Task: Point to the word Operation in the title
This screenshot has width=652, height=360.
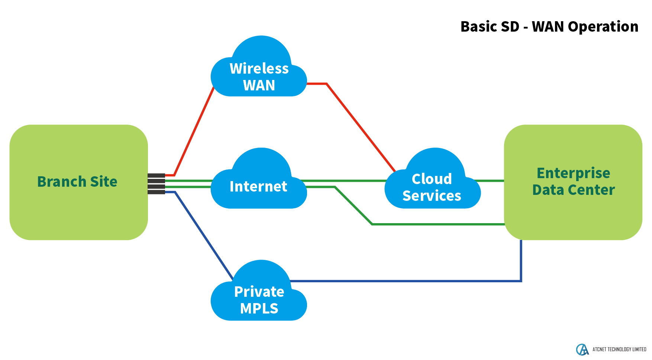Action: tap(603, 27)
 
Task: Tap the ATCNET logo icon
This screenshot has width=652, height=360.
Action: tap(582, 350)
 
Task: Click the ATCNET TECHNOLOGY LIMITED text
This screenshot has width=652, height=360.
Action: tap(619, 350)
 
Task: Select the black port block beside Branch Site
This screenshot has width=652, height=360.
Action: tap(156, 184)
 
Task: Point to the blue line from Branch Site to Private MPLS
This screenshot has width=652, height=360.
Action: tap(203, 234)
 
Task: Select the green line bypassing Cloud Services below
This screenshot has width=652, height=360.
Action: tap(439, 224)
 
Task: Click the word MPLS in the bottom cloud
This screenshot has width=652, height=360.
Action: tap(259, 309)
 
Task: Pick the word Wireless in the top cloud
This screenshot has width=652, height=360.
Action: tap(259, 69)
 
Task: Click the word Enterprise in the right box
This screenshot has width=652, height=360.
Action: tap(573, 173)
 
